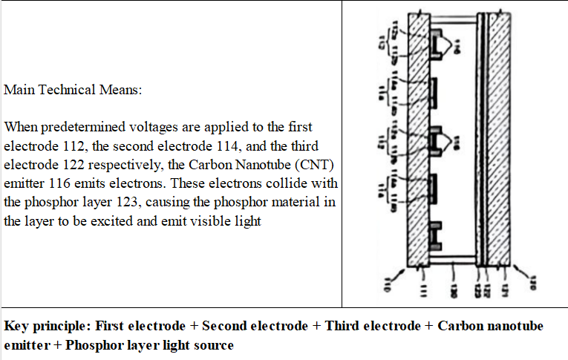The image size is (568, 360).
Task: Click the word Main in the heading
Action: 19,90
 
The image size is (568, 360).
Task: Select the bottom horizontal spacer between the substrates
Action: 454,264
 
